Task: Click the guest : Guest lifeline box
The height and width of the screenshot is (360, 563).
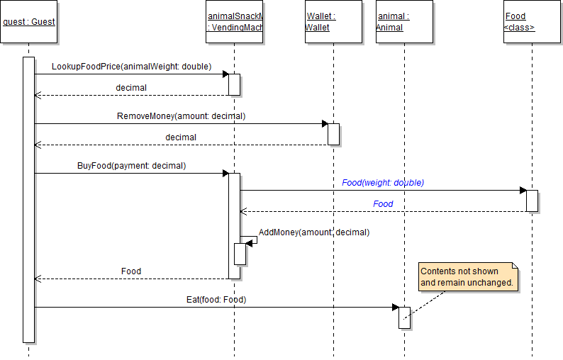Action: pos(29,22)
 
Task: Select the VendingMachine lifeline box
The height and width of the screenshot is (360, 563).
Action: pos(234,22)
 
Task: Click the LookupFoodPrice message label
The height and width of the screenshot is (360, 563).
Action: pos(131,67)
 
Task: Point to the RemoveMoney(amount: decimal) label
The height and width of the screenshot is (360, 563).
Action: pos(181,116)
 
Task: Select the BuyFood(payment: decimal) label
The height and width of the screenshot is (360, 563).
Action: pos(131,165)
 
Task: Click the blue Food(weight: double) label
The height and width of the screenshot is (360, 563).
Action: pos(383,182)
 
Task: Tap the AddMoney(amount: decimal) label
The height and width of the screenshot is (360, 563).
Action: pos(314,232)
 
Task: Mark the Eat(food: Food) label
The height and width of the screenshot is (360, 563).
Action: pos(216,300)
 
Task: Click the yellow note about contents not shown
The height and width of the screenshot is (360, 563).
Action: pos(467,276)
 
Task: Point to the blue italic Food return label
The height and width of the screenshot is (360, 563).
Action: pos(383,204)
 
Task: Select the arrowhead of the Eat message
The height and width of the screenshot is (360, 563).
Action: pos(395,307)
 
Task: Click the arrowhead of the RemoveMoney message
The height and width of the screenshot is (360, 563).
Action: pos(324,123)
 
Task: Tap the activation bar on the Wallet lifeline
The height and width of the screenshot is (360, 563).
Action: pos(333,134)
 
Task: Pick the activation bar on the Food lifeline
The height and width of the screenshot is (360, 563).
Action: pos(532,200)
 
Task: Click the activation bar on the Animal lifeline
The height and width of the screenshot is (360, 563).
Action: pos(404,317)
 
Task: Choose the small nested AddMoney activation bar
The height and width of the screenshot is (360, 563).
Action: pos(240,254)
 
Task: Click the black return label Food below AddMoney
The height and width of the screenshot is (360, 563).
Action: pos(131,271)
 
